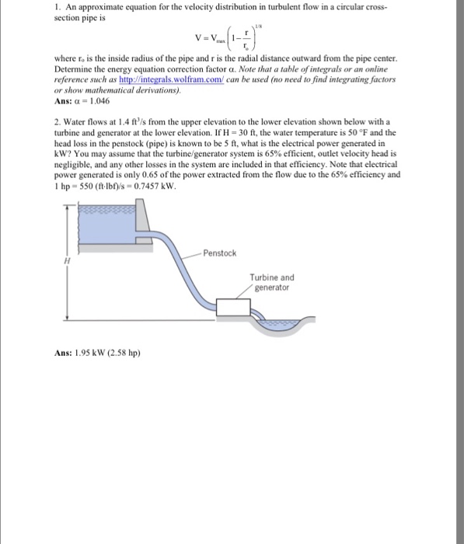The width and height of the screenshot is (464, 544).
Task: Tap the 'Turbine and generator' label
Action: pyautogui.click(x=271, y=282)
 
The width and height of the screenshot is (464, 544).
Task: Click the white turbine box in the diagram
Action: pyautogui.click(x=236, y=308)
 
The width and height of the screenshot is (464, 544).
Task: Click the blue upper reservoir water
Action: pyautogui.click(x=101, y=226)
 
